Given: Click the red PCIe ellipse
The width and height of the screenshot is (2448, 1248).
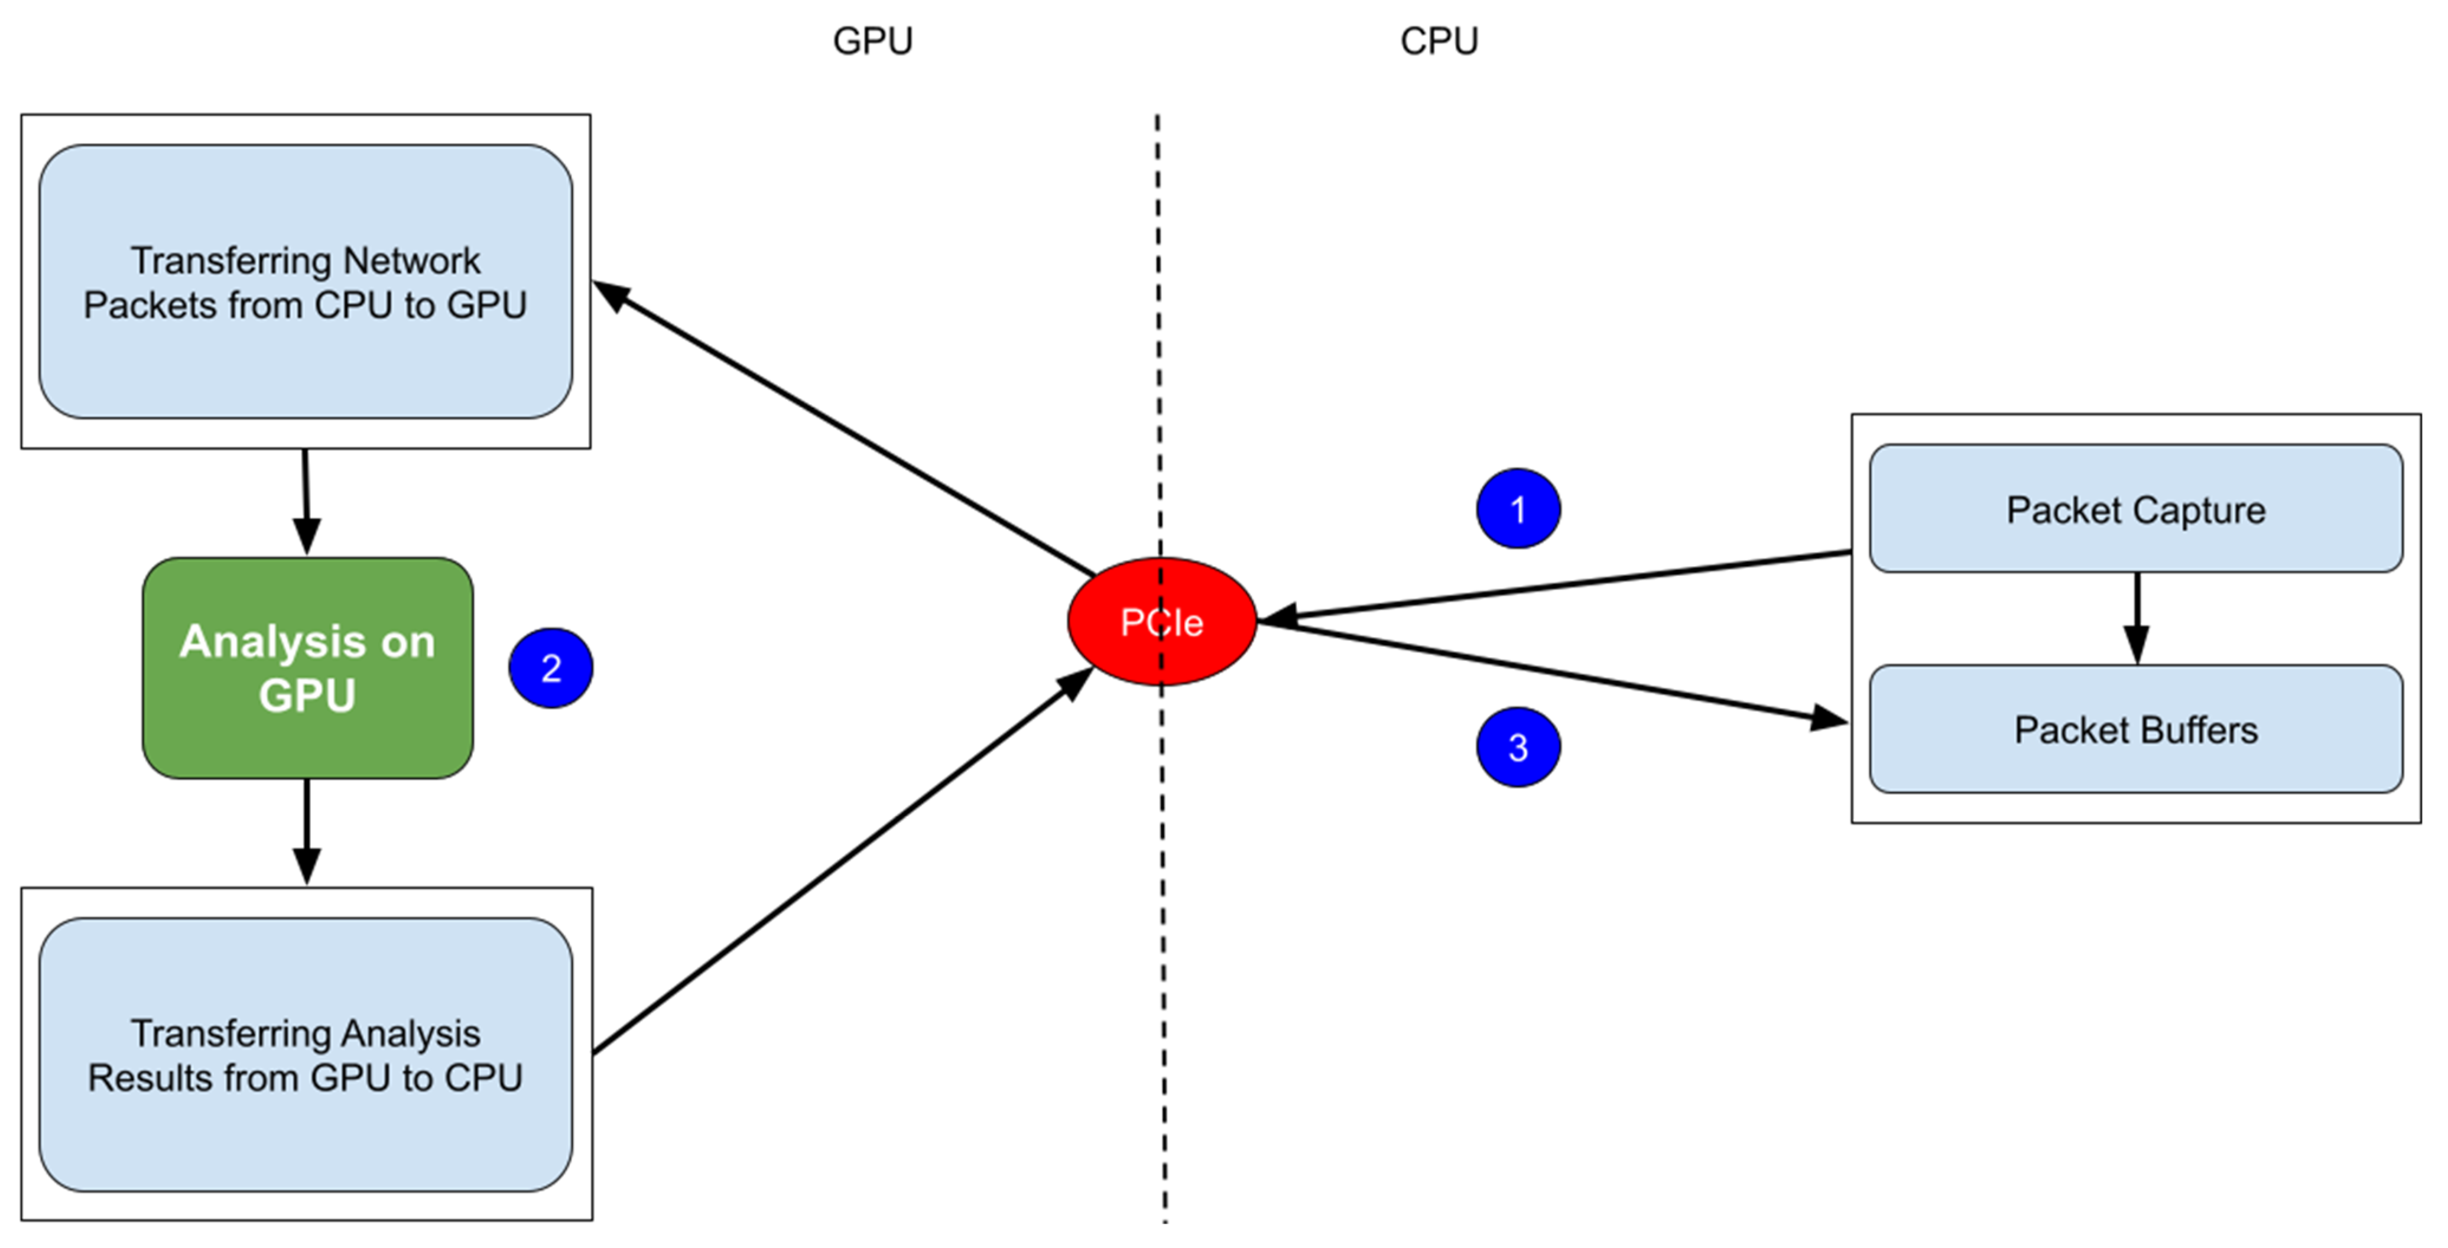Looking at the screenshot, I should click(x=1161, y=622).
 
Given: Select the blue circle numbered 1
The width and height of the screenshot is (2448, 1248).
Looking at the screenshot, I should click(x=1518, y=509).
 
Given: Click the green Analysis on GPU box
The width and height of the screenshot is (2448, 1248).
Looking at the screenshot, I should click(x=307, y=668).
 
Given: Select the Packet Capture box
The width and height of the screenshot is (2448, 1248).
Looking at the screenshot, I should click(x=2135, y=509).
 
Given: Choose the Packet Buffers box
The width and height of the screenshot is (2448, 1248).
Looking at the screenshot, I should click(x=2135, y=730).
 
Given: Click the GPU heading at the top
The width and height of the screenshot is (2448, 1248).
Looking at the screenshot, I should click(x=872, y=41).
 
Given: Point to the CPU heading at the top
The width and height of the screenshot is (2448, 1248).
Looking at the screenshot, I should click(x=1439, y=41).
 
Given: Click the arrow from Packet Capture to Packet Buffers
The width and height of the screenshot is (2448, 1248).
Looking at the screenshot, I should click(x=2137, y=618).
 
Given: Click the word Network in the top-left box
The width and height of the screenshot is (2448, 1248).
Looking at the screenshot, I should click(x=411, y=261).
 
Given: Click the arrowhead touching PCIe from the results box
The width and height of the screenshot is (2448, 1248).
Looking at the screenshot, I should click(x=1077, y=681).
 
